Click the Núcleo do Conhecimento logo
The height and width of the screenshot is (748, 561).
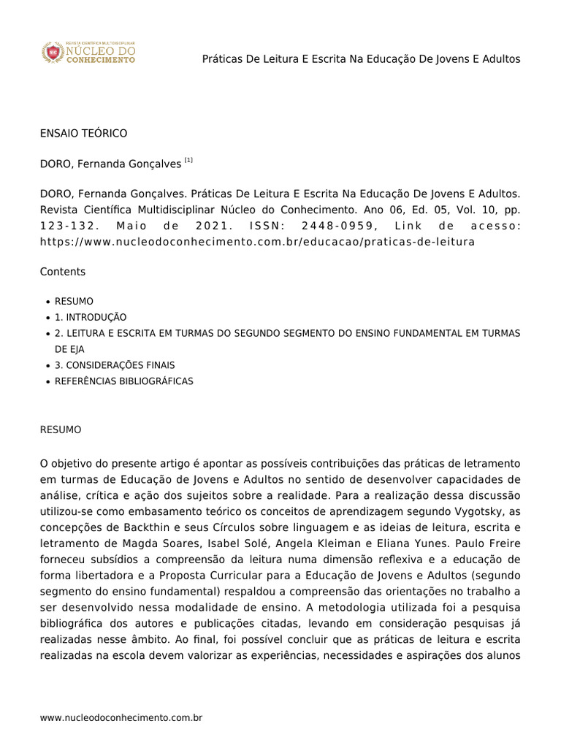(88, 53)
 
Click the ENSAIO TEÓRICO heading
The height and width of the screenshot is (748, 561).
(83, 133)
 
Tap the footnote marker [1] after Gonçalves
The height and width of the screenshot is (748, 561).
(188, 160)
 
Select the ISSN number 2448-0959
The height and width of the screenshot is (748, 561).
(338, 226)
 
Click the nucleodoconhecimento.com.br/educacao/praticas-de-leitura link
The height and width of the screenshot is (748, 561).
(257, 241)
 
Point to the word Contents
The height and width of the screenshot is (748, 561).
(63, 272)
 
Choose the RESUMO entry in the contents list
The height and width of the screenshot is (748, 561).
(74, 301)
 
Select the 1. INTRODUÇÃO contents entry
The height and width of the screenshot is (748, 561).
(91, 317)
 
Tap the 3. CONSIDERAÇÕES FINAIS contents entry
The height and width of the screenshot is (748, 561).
(115, 365)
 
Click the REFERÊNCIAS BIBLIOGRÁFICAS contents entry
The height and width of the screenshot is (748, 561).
(124, 381)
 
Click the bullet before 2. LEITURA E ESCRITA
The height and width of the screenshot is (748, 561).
(47, 334)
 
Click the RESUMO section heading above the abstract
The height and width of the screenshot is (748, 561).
(61, 430)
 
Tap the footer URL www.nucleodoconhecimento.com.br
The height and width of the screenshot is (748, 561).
(121, 718)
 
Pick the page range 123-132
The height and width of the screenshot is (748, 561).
(67, 226)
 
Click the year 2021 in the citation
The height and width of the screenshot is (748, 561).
(210, 226)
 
